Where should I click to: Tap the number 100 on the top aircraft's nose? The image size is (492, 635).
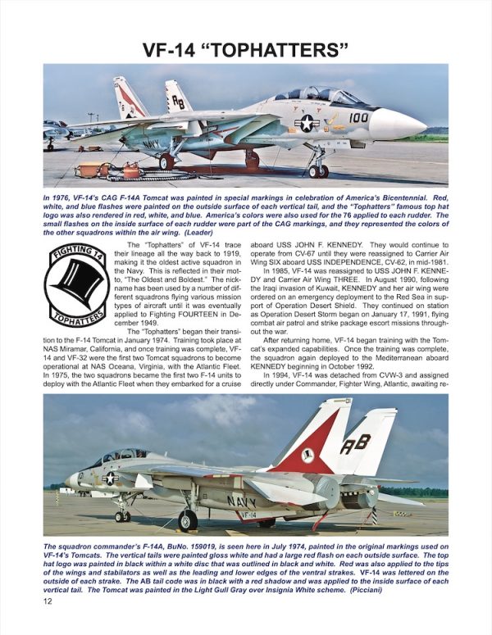coord(359,118)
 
